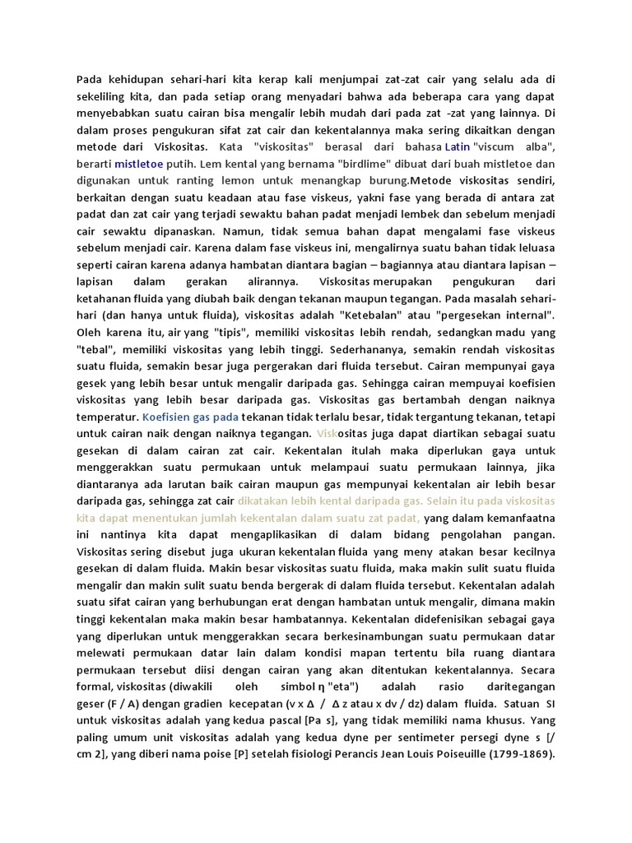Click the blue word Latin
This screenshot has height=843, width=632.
pyautogui.click(x=457, y=147)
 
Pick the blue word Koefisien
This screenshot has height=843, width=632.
pyautogui.click(x=170, y=417)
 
